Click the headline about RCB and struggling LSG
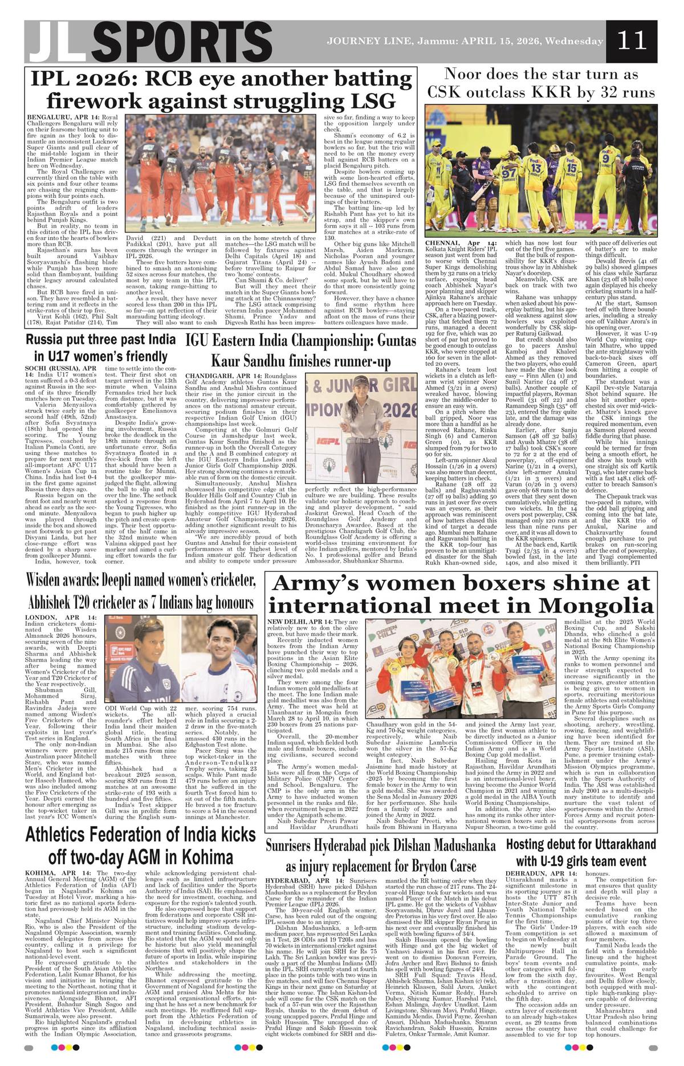(221, 90)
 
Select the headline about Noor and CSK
(541, 83)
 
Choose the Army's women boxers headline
(462, 593)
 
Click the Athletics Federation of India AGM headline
(141, 845)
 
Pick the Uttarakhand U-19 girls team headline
(581, 852)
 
